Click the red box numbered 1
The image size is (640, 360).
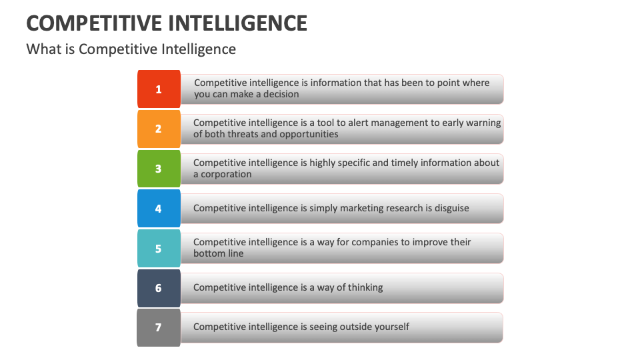click(x=159, y=89)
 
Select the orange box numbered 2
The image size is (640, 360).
click(x=159, y=129)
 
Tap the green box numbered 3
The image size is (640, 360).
click(x=159, y=169)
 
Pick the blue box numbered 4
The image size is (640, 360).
click(x=159, y=208)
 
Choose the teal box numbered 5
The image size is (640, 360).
click(x=159, y=248)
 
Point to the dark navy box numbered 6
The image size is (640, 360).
click(x=159, y=288)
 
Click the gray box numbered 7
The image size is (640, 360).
click(x=159, y=327)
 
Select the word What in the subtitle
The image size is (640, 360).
click(x=39, y=49)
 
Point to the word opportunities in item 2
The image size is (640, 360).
click(x=303, y=134)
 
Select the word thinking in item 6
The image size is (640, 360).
click(x=362, y=287)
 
